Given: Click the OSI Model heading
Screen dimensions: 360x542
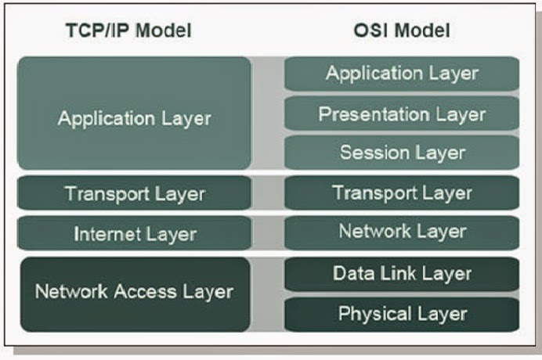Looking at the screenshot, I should (402, 31).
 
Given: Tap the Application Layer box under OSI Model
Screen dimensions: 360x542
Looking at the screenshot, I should (402, 74).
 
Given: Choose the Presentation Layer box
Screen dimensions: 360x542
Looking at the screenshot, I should (402, 114).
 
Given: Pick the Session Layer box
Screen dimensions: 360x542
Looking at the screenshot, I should (402, 152).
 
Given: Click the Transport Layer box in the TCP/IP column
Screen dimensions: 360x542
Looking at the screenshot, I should (134, 193).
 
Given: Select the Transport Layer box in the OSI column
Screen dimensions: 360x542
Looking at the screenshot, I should (402, 193).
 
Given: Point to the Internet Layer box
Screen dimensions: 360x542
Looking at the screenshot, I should (134, 233).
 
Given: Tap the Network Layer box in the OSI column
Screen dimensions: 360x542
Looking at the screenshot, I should (402, 232).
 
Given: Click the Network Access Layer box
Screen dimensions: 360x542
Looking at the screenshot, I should (134, 293).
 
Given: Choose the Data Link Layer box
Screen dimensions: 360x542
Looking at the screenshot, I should (402, 274).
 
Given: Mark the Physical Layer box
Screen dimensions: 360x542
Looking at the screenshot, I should (402, 314).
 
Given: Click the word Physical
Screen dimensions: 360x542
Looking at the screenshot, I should (369, 314).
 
